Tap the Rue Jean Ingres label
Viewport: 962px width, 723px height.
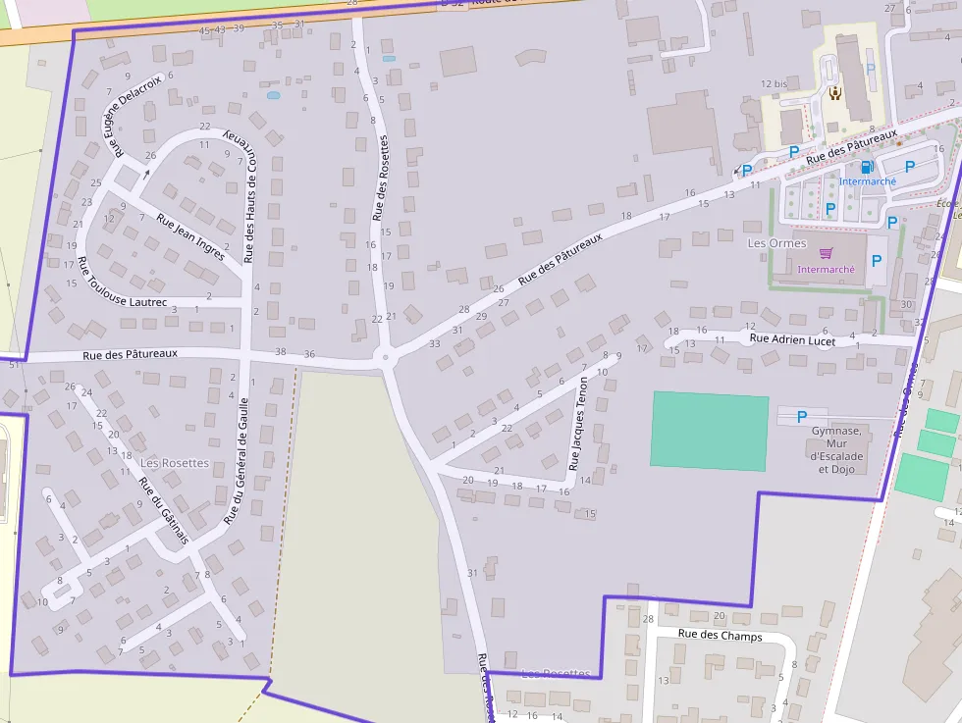click(x=190, y=232)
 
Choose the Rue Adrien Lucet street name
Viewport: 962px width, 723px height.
click(x=792, y=339)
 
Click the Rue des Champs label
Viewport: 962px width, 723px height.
click(x=720, y=635)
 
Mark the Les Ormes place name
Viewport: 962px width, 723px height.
click(x=776, y=243)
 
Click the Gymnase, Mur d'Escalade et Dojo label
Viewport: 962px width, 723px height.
click(x=836, y=449)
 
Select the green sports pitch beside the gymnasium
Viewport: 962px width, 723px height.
click(x=709, y=431)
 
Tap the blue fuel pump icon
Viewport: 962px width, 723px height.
click(x=867, y=167)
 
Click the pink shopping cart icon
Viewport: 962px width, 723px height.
click(x=826, y=253)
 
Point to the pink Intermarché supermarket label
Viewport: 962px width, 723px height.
click(x=826, y=269)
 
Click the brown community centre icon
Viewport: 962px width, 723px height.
click(x=835, y=93)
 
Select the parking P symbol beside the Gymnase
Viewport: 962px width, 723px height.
click(x=802, y=416)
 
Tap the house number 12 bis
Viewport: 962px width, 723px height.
click(x=775, y=84)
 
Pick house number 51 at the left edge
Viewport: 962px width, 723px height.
click(x=14, y=365)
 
